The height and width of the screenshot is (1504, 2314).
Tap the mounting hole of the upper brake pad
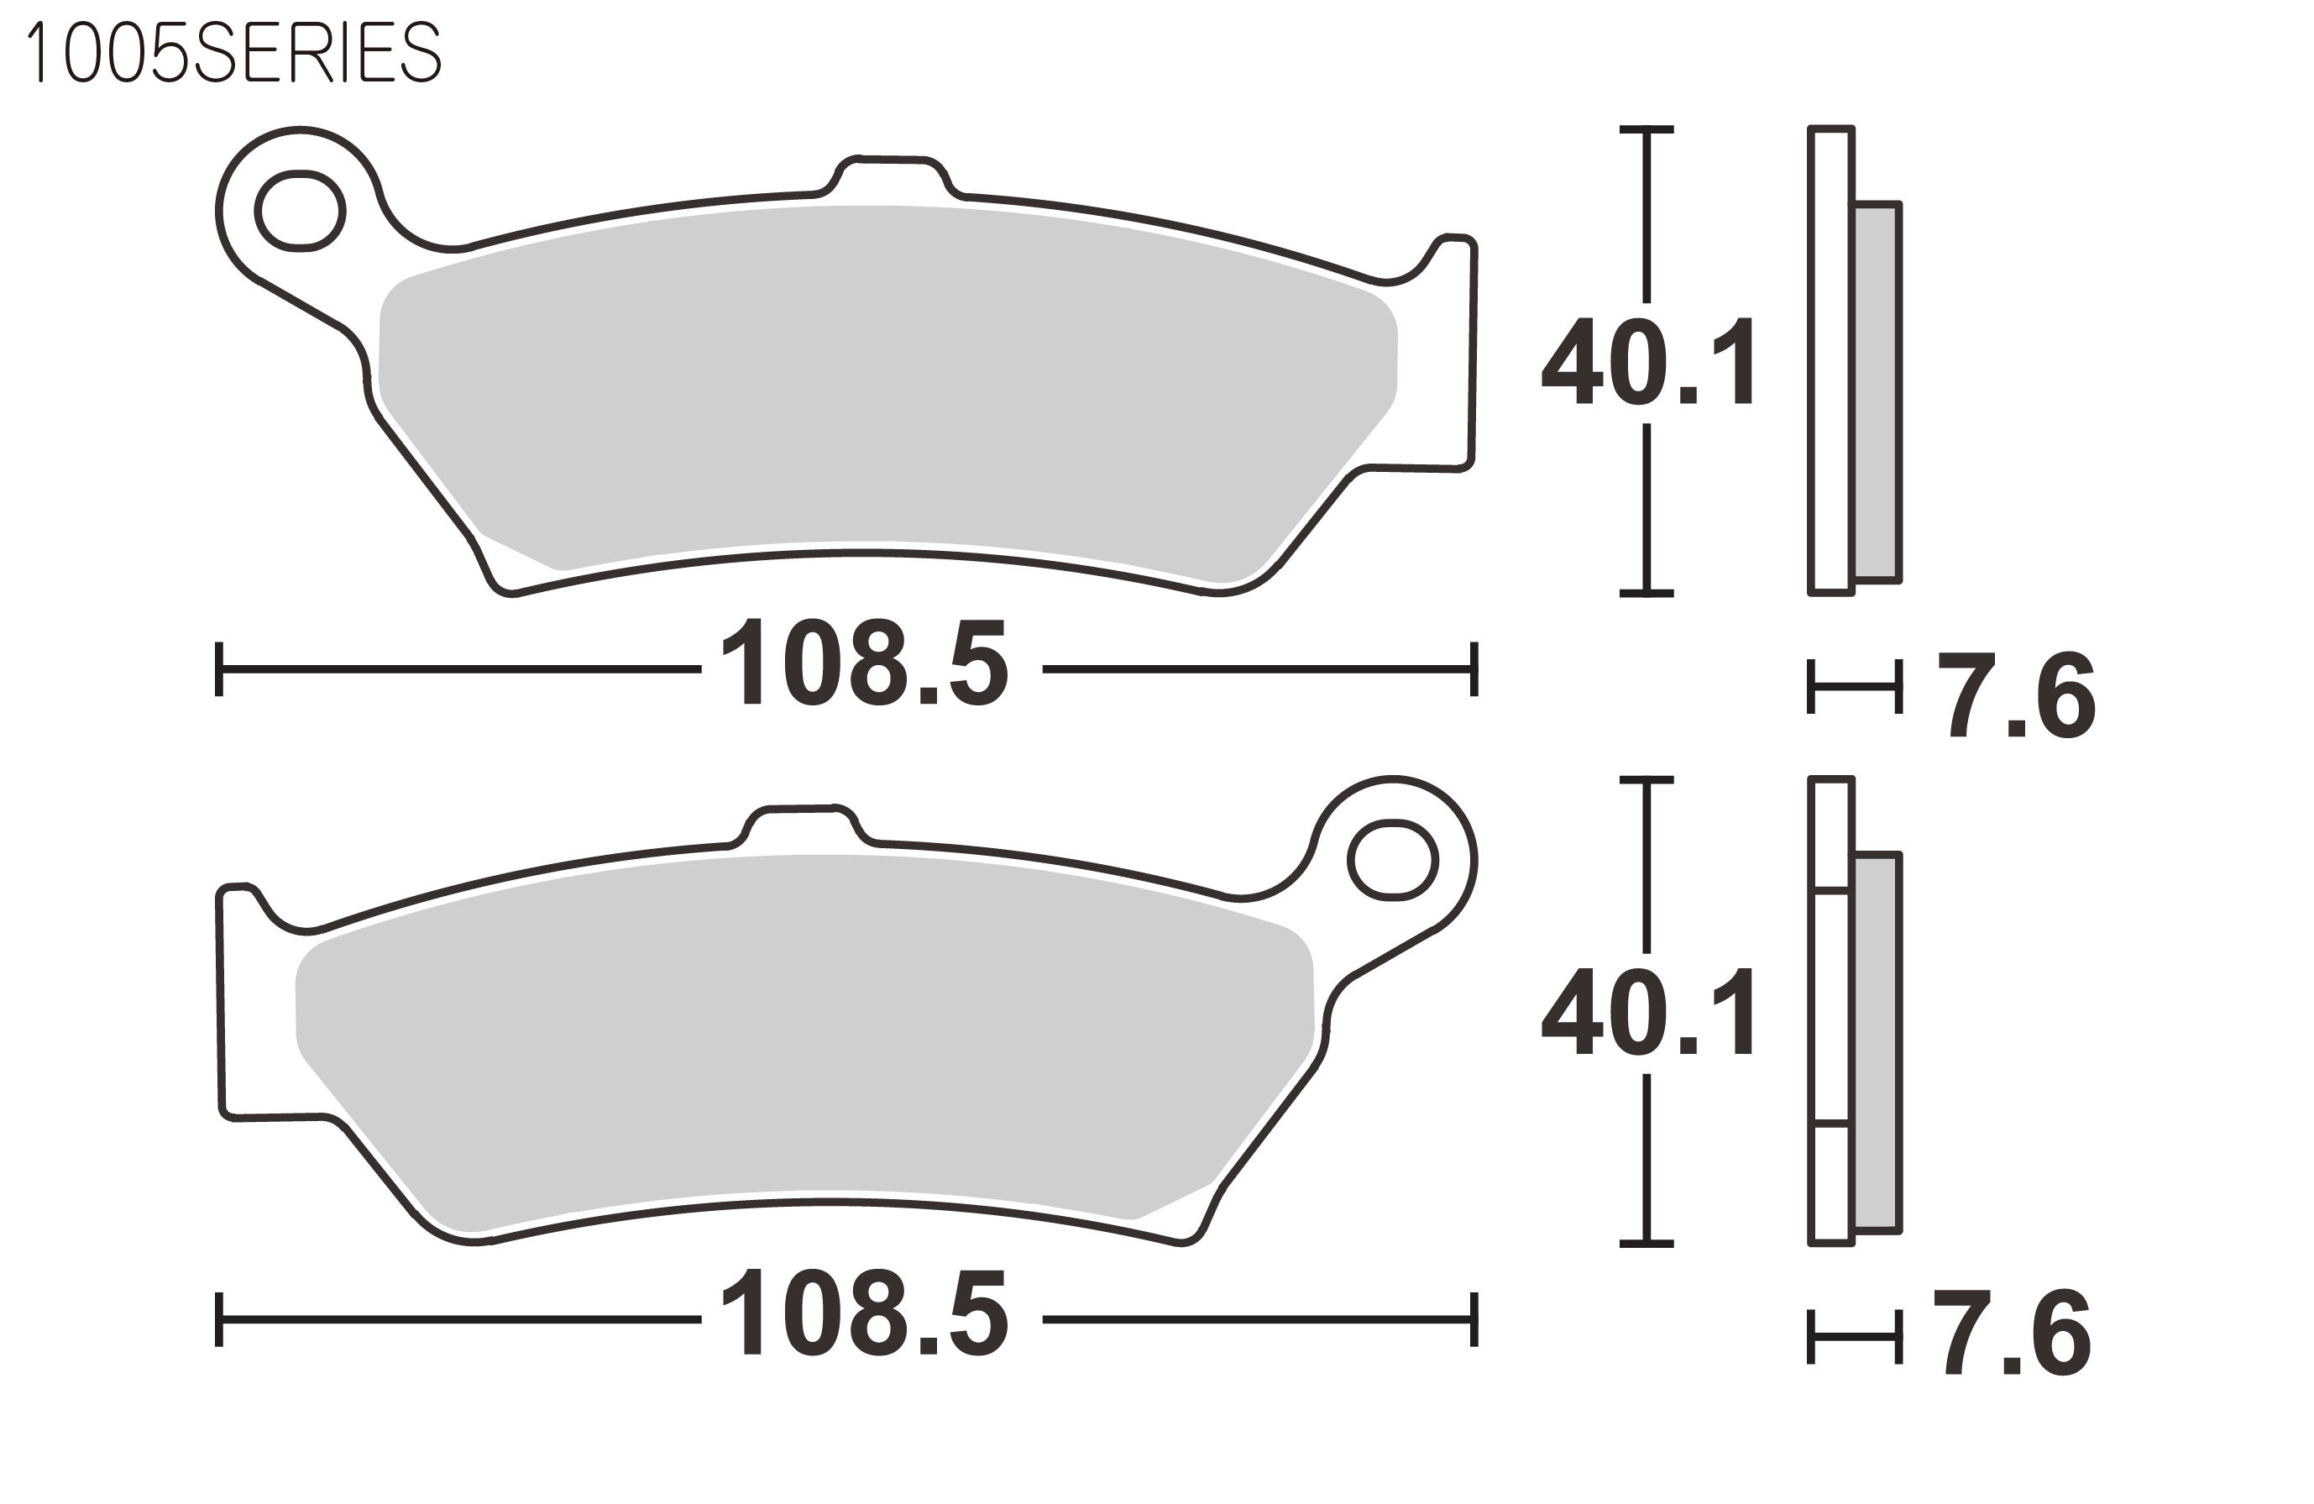tap(300, 211)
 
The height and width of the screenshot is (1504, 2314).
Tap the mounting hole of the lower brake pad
tap(1392, 861)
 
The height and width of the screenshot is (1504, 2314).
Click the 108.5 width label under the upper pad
tap(864, 661)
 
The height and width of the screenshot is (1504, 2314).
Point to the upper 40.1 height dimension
tap(1647, 361)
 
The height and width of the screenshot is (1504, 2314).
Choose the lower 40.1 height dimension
tap(1647, 1011)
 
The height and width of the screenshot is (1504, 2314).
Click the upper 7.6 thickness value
tap(2017, 694)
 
